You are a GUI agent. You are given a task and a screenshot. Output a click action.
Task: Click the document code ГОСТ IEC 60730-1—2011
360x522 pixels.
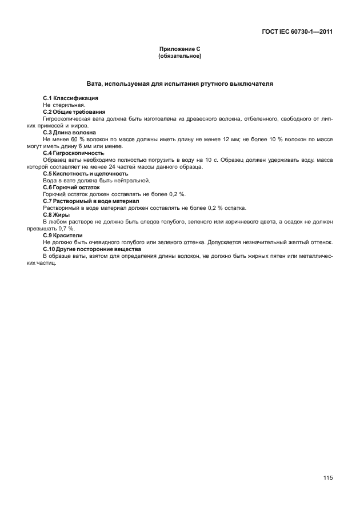pyautogui.click(x=293, y=31)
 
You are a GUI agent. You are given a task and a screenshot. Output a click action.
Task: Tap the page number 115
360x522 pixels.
pyautogui.click(x=327, y=478)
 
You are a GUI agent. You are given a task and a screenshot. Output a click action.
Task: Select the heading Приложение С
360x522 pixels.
pyautogui.click(x=179, y=50)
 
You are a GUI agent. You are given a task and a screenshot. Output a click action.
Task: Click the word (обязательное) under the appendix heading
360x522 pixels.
pyautogui.click(x=179, y=57)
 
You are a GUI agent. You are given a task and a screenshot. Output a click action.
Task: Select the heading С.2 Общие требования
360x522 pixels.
pyautogui.click(x=74, y=111)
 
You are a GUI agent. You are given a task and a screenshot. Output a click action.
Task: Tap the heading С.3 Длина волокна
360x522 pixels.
pyautogui.click(x=70, y=132)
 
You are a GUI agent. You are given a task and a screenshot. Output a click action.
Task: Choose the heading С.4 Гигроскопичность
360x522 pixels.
pyautogui.click(x=74, y=153)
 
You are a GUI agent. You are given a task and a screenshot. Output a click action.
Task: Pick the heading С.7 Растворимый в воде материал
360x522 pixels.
pyautogui.click(x=91, y=201)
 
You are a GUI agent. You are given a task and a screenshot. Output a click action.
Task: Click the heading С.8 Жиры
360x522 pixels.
pyautogui.click(x=56, y=214)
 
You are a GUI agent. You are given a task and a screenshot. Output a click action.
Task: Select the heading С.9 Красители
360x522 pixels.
pyautogui.click(x=63, y=235)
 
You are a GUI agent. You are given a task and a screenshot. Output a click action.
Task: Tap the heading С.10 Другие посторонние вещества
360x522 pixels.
pyautogui.click(x=91, y=249)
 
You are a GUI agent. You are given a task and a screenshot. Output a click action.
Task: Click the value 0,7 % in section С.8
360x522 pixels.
pyautogui.click(x=69, y=228)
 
